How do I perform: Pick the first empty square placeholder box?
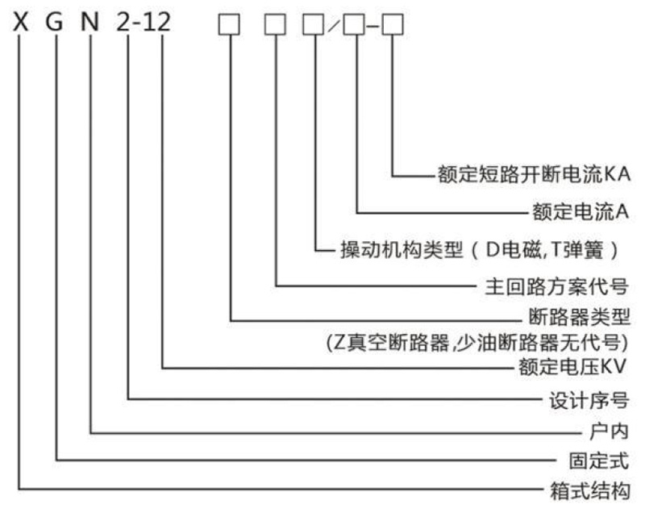tap(231, 26)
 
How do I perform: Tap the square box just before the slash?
tap(313, 26)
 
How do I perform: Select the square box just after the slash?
tap(354, 26)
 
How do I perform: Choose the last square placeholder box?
tap(392, 26)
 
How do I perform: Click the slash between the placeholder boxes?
tap(333, 27)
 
